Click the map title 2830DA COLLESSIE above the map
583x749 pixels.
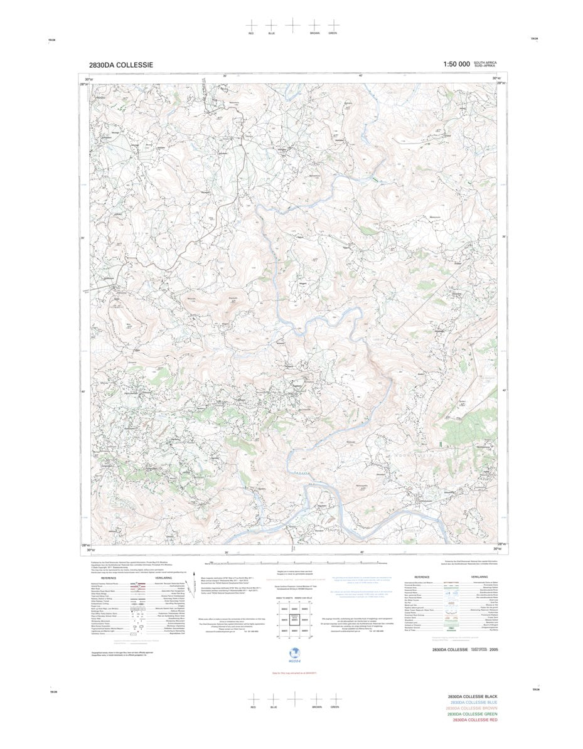coord(120,65)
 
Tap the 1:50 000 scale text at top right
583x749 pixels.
coord(456,65)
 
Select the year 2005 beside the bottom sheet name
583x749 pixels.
coord(495,649)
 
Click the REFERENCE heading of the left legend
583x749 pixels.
coord(109,578)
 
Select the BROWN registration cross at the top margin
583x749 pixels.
coord(314,23)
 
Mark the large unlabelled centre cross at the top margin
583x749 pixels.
coord(292,23)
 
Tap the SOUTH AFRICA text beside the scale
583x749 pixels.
coord(485,63)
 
